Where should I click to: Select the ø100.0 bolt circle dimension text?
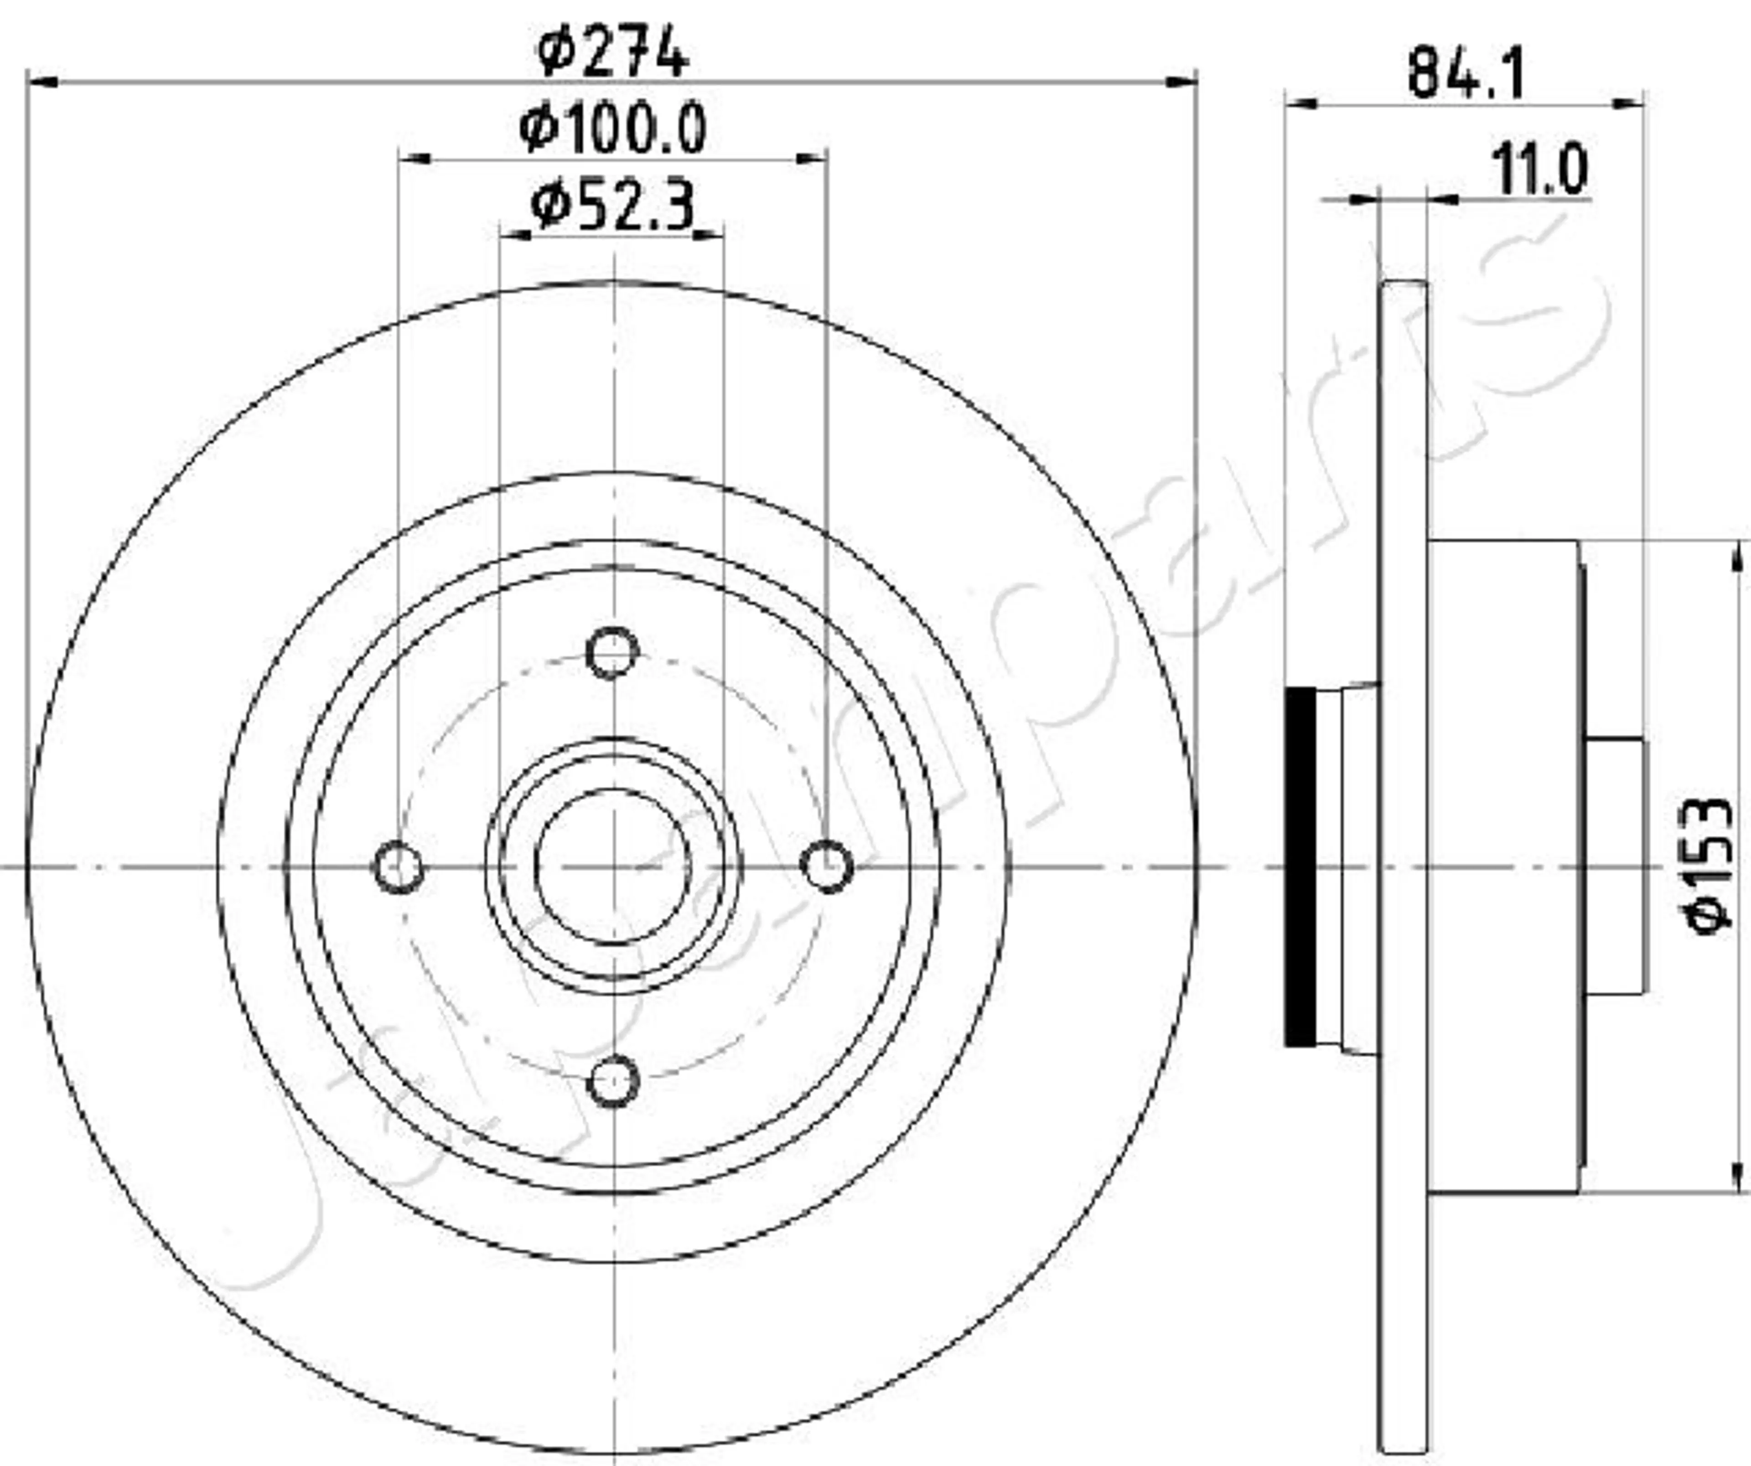(613, 129)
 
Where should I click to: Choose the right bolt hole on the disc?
(827, 867)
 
